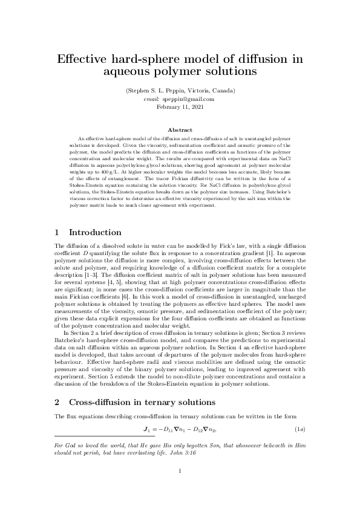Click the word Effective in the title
pyautogui.click(x=82, y=60)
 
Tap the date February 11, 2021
pyautogui.click(x=180, y=106)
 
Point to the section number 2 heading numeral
pyautogui.click(x=57, y=402)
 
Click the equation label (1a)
pyautogui.click(x=299, y=429)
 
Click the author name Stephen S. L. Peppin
pyautogui.click(x=158, y=91)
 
